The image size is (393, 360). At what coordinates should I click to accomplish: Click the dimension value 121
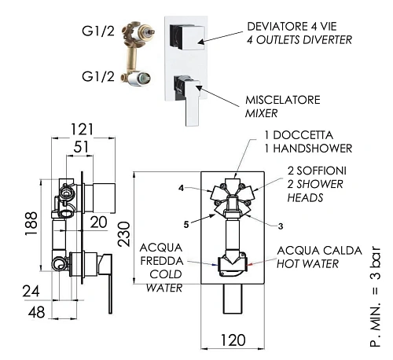83,129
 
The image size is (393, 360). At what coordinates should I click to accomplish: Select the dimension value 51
81,147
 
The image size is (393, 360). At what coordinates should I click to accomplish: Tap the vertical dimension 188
31,224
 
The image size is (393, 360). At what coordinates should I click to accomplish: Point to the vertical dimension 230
123,234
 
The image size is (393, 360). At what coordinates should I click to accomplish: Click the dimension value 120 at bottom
233,340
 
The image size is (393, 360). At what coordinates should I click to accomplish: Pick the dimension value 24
31,292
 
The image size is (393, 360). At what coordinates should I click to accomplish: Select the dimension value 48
36,312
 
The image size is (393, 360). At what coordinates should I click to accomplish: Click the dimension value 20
98,222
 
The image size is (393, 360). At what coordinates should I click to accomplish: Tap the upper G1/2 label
98,31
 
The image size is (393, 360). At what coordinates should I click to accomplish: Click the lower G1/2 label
98,76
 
